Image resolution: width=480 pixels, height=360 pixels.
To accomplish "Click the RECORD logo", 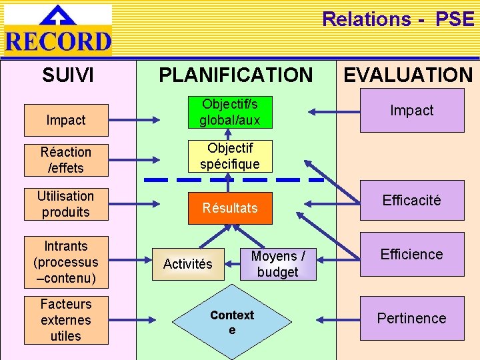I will [58, 30].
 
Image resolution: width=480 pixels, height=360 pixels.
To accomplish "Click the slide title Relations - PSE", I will [398, 19].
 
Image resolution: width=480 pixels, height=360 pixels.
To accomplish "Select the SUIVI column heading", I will [68, 75].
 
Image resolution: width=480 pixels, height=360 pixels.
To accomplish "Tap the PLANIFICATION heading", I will [235, 75].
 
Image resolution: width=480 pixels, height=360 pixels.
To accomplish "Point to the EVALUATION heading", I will [407, 75].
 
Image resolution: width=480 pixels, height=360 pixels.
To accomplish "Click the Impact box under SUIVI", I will [66, 120].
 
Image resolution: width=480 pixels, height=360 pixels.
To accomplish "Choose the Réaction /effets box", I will [66, 160].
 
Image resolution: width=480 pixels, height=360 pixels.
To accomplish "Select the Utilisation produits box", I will [66, 204].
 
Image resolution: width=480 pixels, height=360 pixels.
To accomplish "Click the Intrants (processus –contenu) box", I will [66, 262].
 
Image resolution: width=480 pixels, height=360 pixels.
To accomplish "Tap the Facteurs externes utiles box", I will [66, 320].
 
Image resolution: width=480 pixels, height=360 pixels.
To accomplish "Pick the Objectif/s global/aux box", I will [230, 112].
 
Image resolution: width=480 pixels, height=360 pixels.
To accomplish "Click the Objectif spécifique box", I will [230, 155].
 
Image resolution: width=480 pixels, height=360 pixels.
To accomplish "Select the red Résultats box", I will [230, 208].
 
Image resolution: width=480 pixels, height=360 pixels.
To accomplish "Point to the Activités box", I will [188, 264].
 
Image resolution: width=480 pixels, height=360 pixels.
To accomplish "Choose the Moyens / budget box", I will [278, 264].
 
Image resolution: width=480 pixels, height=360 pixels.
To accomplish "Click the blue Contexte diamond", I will [232, 322].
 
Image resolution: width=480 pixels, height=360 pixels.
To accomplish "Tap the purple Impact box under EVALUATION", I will [412, 111].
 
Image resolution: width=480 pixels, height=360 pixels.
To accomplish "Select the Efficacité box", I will [412, 201].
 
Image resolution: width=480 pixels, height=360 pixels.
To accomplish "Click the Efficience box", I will [412, 254].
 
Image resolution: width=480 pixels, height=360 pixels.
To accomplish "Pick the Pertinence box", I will [412, 318].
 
